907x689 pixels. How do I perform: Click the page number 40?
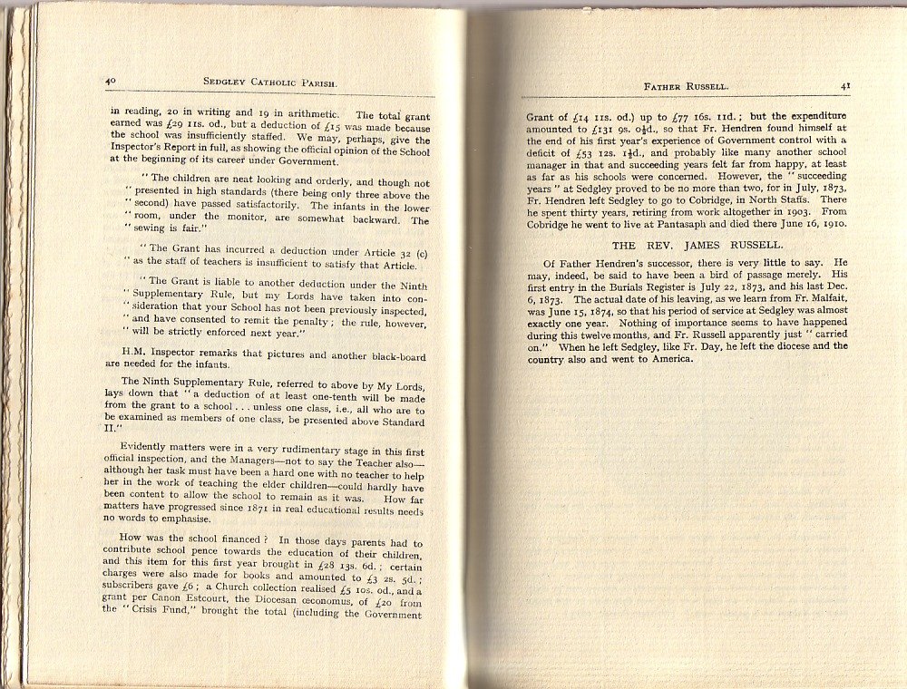tap(111, 82)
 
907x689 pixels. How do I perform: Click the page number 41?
tap(844, 85)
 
